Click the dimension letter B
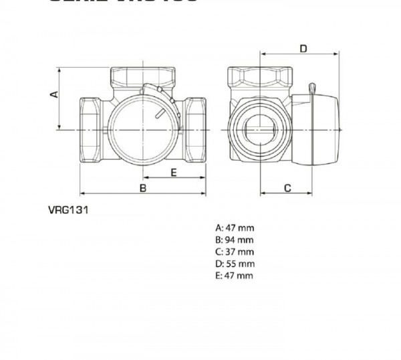pyautogui.click(x=142, y=188)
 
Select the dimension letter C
pyautogui.click(x=287, y=188)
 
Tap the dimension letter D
pyautogui.click(x=303, y=48)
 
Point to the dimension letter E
pyautogui.click(x=173, y=172)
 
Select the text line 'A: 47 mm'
pyautogui.click(x=235, y=228)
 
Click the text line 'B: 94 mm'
pyautogui.click(x=235, y=240)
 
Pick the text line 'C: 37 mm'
pyautogui.click(x=235, y=252)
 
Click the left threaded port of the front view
pyautogui.click(x=90, y=128)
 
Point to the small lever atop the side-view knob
pyautogui.click(x=311, y=89)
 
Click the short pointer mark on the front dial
pyautogui.click(x=158, y=114)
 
